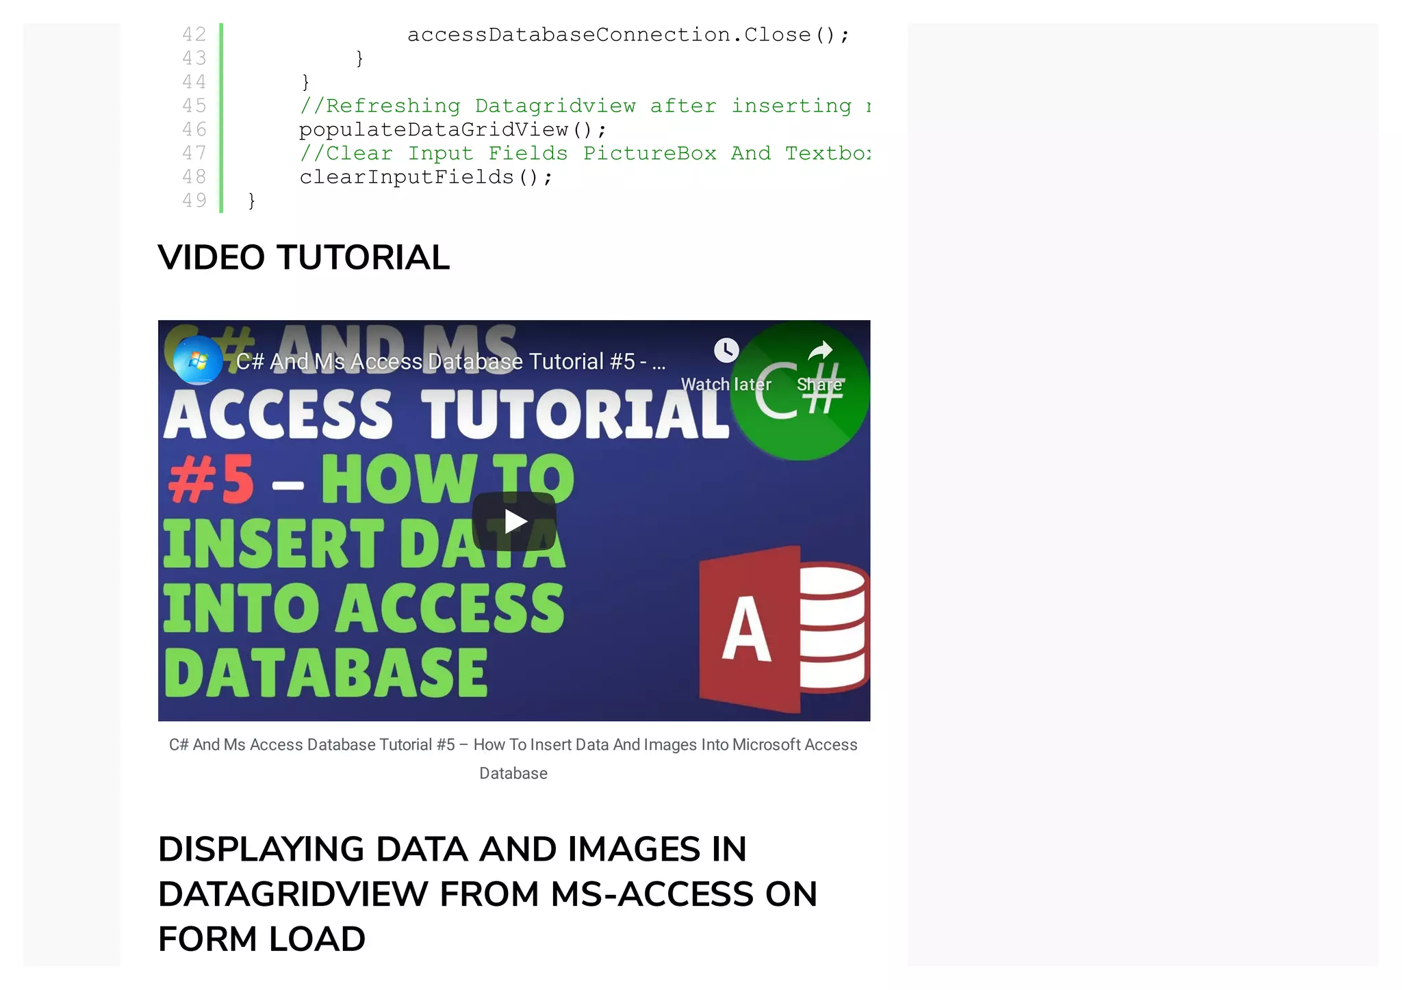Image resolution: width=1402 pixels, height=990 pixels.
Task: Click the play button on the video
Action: pos(513,521)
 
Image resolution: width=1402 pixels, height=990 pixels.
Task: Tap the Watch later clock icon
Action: pos(726,350)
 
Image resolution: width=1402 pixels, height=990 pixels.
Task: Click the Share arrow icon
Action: pos(820,351)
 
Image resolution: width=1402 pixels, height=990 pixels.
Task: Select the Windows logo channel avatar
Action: pos(197,360)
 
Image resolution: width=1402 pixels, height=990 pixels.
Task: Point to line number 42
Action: pos(194,34)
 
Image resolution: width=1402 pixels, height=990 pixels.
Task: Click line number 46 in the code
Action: pos(194,129)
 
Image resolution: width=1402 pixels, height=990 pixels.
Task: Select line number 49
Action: pos(194,200)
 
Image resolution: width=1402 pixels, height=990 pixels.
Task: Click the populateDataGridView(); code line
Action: pos(453,129)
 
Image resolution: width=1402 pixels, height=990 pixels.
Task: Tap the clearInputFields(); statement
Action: pos(426,177)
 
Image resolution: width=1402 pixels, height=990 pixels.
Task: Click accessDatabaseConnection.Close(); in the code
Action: pos(628,35)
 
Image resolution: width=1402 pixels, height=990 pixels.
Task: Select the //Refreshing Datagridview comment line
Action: pos(585,106)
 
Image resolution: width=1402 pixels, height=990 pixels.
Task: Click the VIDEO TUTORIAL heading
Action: pos(303,258)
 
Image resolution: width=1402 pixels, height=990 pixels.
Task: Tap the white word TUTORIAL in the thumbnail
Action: pos(574,415)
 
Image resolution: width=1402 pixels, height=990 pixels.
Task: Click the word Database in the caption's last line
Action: pos(513,773)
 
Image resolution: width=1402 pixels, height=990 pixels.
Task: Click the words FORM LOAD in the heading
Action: pos(262,939)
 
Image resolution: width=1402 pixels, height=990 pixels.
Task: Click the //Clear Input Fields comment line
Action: pos(585,153)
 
